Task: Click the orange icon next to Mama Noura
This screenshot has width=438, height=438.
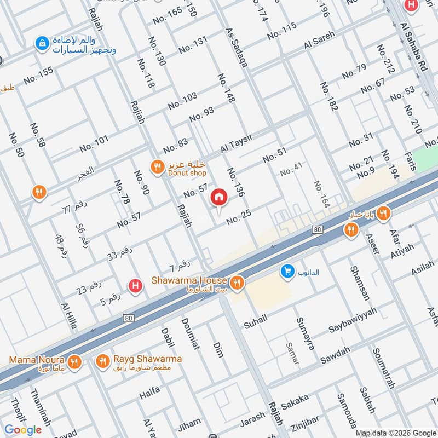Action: pos(75,361)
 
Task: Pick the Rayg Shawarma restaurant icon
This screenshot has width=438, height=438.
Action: pos(102,361)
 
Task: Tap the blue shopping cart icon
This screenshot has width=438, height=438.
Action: pos(286,271)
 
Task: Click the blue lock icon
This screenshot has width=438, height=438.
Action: pos(41,42)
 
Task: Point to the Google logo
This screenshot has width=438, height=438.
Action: pos(24,430)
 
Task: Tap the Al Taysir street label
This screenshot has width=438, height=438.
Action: pos(237,144)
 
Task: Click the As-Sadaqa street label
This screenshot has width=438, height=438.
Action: pos(237,48)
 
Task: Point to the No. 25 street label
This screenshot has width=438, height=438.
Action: pos(239,219)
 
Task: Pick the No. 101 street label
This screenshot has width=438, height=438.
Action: pos(94,144)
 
